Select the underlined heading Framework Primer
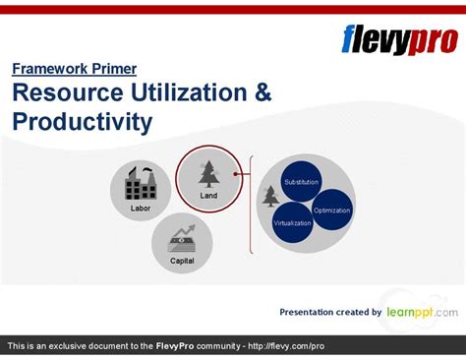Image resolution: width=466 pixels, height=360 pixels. (75, 69)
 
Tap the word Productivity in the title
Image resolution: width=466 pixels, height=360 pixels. (83, 122)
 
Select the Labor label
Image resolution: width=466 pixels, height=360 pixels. (141, 209)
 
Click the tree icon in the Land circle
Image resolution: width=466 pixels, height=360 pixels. (208, 173)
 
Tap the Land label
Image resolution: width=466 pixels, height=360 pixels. (208, 196)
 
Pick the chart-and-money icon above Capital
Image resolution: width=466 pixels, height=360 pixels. (182, 238)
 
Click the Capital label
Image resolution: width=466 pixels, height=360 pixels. (182, 262)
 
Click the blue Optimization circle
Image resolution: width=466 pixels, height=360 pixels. (331, 210)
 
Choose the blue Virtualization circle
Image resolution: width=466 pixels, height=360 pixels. (293, 222)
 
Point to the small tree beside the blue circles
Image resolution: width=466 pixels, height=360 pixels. (270, 196)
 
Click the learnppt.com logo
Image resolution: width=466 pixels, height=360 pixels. (421, 311)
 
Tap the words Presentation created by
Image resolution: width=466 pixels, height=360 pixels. (330, 312)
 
